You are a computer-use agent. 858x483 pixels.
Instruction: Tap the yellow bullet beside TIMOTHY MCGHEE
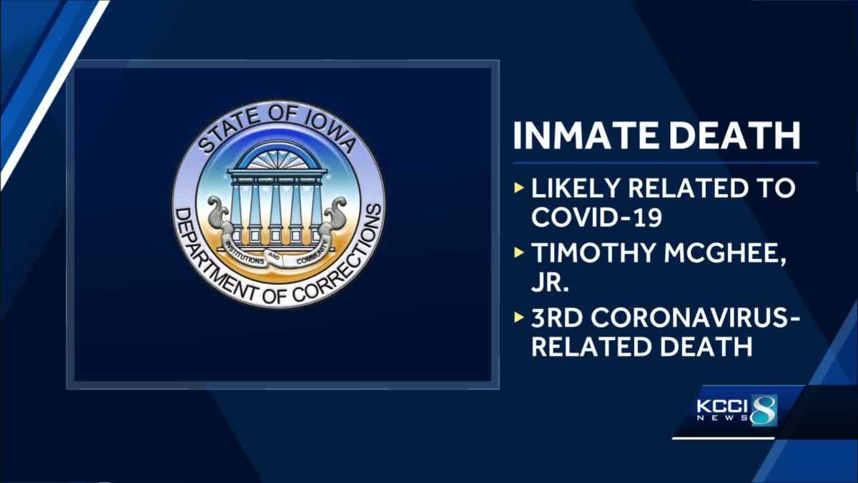518,255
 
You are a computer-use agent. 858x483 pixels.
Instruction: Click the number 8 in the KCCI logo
764,409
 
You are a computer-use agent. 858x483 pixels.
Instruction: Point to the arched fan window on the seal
278,157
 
